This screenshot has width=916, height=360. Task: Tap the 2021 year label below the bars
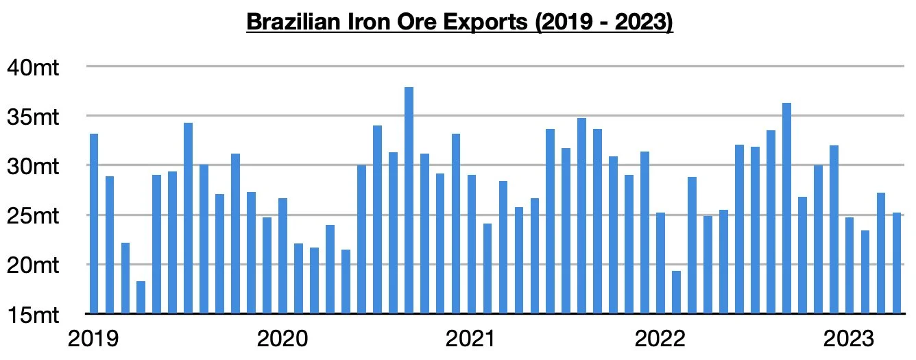click(471, 339)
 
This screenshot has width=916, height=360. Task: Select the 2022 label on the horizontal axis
click(661, 339)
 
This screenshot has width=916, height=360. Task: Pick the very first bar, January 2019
click(94, 224)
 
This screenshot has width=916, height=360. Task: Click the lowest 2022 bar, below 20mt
click(676, 292)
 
